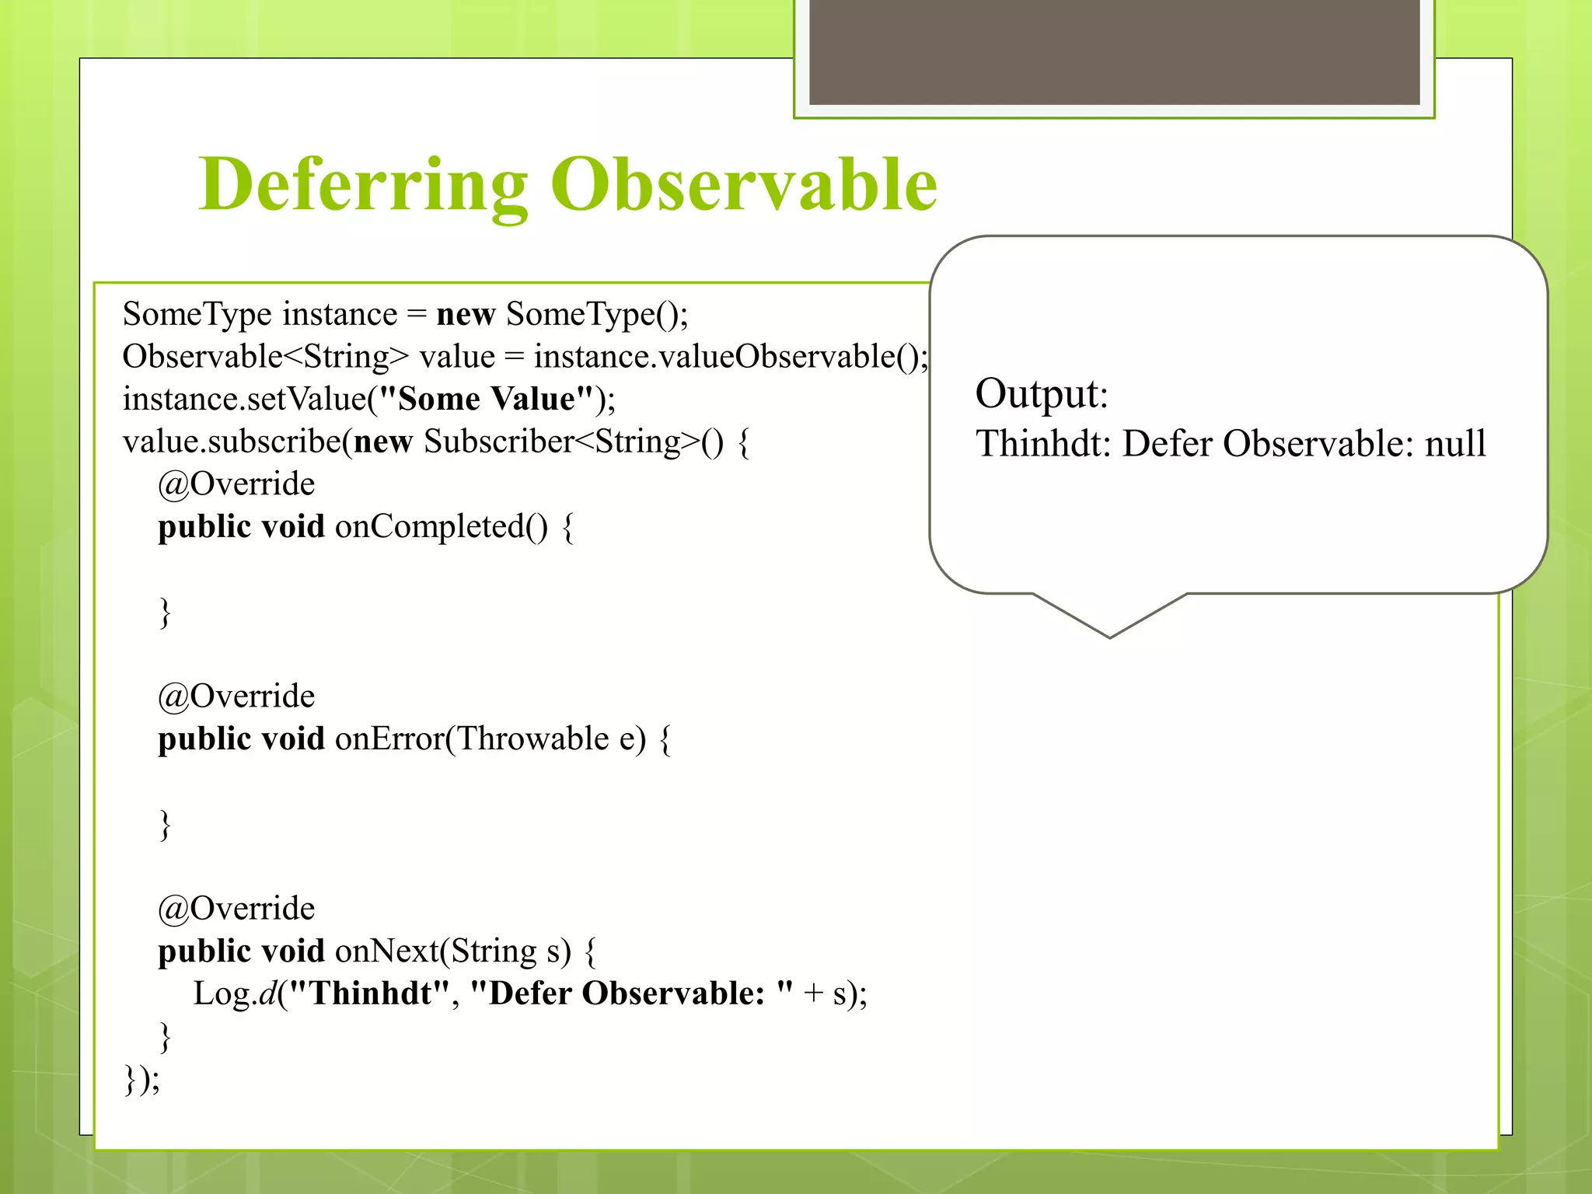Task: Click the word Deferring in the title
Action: tap(363, 185)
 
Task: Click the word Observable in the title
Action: tap(744, 185)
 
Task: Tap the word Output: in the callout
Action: tap(1041, 393)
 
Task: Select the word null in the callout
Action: tap(1454, 444)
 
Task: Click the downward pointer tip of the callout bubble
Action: tap(1110, 635)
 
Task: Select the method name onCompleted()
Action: tap(441, 527)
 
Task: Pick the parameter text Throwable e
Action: tap(546, 739)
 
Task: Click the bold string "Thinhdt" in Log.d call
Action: tap(369, 994)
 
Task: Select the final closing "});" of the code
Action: tap(142, 1080)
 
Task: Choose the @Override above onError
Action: tap(236, 696)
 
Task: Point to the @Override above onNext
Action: tap(236, 909)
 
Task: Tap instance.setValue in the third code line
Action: tap(243, 400)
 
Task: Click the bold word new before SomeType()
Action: tap(466, 315)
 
